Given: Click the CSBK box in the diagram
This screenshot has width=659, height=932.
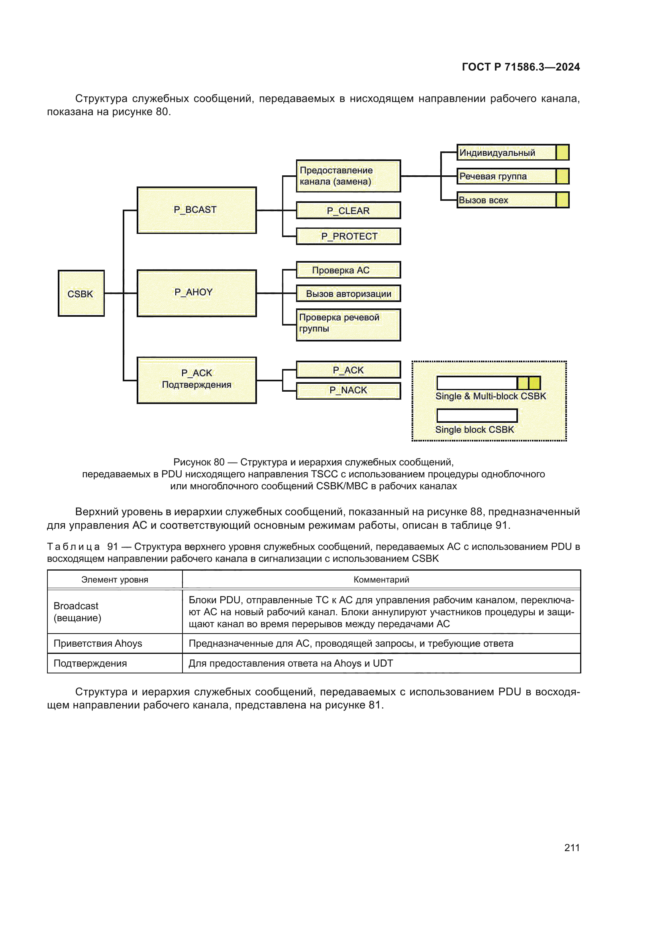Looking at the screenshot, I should point(81,293).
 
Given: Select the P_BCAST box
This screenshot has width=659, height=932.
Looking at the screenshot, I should point(196,210).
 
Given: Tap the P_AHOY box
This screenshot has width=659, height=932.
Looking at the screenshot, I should point(196,293).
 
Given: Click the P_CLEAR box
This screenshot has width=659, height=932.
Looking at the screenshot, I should point(348,210).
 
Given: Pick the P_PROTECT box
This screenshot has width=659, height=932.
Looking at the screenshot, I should point(348,236).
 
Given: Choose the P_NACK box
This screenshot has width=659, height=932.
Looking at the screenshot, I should point(348,390).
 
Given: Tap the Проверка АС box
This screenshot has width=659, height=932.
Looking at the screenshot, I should point(348,270).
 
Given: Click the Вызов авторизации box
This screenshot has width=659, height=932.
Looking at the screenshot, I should point(348,294).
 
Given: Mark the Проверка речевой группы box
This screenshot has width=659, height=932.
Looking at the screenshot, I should point(348,325).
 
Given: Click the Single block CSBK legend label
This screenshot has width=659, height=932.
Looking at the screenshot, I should point(475,430).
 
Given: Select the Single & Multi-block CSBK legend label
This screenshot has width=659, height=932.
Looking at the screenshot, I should point(490,396).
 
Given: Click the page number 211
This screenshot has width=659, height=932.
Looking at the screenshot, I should point(571,848).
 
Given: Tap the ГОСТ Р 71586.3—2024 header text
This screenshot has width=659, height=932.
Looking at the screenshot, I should point(521,67).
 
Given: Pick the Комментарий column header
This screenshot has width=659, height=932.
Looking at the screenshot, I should point(381,580).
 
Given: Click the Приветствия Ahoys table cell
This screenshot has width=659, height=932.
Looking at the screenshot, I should point(98,644).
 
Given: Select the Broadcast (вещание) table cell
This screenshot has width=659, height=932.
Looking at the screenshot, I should point(77,612).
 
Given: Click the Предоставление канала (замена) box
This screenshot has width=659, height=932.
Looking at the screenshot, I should point(348,176).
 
